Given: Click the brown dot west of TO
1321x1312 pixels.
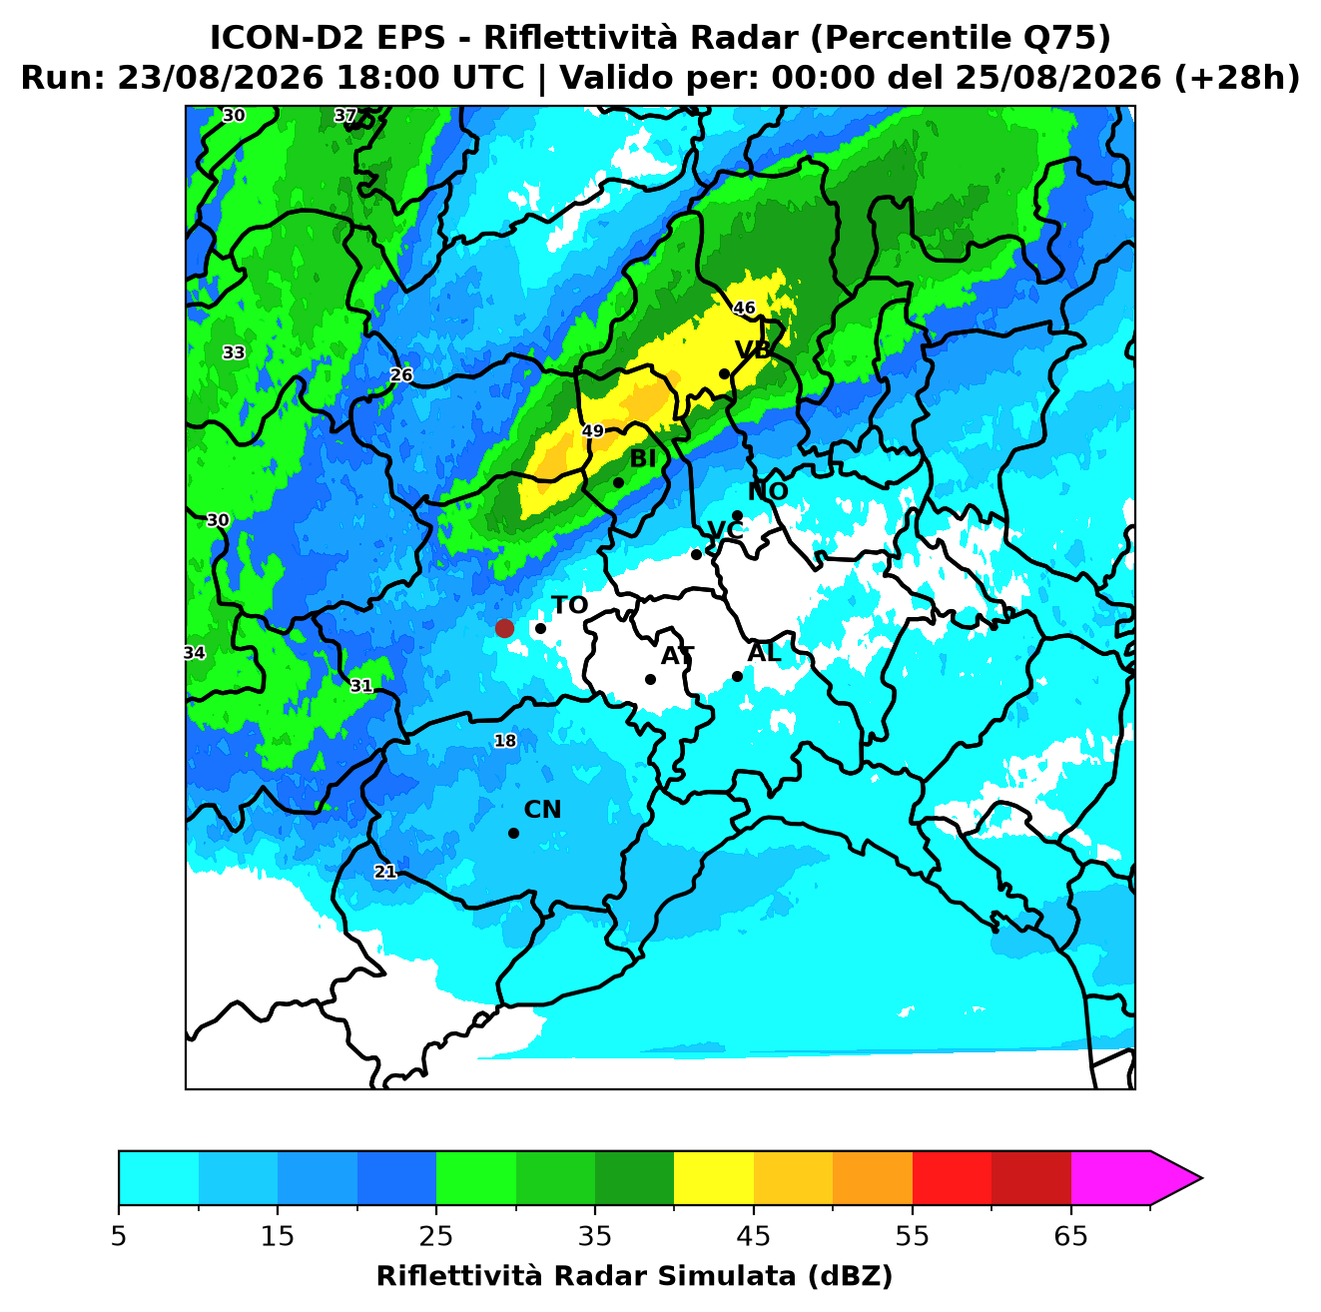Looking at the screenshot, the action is [504, 628].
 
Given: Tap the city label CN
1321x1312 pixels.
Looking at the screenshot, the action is [542, 810].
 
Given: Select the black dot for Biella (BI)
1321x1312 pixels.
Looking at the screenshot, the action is [618, 483].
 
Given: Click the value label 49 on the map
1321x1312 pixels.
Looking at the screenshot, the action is [593, 430].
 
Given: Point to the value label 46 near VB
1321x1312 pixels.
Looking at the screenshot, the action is [744, 308].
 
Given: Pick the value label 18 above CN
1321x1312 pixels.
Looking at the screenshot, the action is [505, 741].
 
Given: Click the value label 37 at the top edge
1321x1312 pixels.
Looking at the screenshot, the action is [345, 115].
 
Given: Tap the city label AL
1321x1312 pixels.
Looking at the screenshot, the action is [764, 652].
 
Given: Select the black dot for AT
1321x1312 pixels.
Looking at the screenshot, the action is [650, 680].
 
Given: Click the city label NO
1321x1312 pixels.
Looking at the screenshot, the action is [768, 491].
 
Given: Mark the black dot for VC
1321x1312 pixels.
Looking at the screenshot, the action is [696, 554].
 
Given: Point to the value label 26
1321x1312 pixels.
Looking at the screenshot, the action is [401, 375].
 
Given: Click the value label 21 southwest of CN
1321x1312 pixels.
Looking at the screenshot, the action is [385, 872].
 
